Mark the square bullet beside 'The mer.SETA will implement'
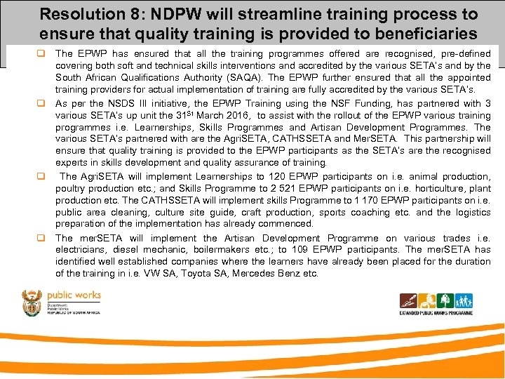point(42,238)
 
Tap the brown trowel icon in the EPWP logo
point(408,302)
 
